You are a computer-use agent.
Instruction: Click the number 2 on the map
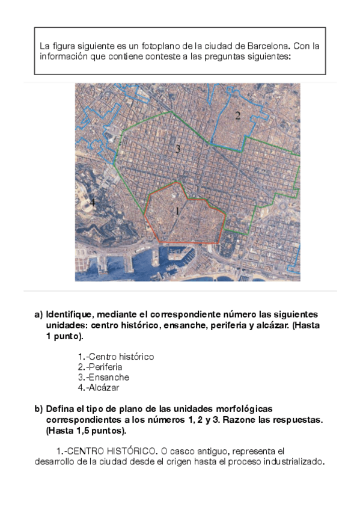pyautogui.click(x=237, y=115)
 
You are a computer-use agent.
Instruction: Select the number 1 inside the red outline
pyautogui.click(x=177, y=210)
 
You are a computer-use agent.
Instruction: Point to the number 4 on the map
pyautogui.click(x=93, y=201)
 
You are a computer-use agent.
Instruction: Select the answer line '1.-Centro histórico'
pyautogui.click(x=116, y=357)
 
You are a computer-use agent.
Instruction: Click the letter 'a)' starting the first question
pyautogui.click(x=39, y=315)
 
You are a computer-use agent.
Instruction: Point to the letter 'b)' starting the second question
pyautogui.click(x=39, y=409)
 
